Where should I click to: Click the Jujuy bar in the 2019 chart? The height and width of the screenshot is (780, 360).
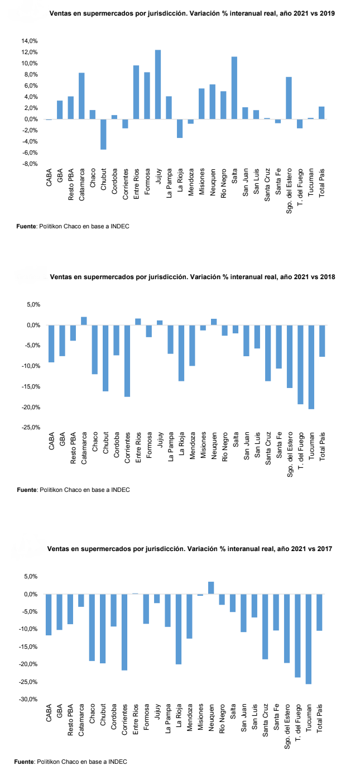point(158,84)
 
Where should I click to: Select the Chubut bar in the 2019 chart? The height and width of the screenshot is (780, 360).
point(103,134)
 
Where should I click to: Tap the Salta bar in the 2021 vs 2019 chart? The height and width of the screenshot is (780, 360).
point(234,88)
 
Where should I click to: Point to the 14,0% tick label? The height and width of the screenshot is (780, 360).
point(29,41)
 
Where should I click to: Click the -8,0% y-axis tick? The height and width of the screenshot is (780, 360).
point(29,164)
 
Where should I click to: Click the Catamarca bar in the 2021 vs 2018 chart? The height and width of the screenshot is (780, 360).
point(84,321)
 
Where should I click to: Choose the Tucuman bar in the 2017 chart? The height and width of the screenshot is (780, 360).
point(309,644)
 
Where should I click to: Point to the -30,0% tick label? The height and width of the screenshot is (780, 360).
point(29,699)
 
